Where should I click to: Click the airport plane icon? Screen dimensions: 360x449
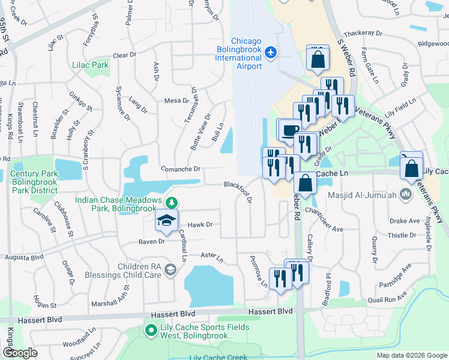tap(270, 53)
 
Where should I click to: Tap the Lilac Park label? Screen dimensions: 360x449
tap(90, 65)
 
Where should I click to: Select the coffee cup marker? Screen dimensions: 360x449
tap(291, 131)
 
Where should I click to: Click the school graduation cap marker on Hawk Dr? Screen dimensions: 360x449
tap(166, 220)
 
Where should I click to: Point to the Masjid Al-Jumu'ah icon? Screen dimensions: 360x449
tap(406, 194)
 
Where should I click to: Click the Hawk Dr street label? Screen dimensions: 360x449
tap(200, 224)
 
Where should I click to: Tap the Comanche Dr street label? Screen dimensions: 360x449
tap(180, 170)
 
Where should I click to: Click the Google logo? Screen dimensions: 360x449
tap(20, 353)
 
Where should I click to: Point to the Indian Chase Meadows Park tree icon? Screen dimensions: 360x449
tap(172, 203)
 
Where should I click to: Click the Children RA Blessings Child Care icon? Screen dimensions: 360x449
tap(170, 270)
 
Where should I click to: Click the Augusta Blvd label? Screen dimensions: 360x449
tap(24, 257)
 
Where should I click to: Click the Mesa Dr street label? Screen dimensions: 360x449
tap(176, 101)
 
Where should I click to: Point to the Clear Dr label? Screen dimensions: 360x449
tap(124, 55)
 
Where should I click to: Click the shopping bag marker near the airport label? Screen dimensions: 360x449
tap(317, 59)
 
